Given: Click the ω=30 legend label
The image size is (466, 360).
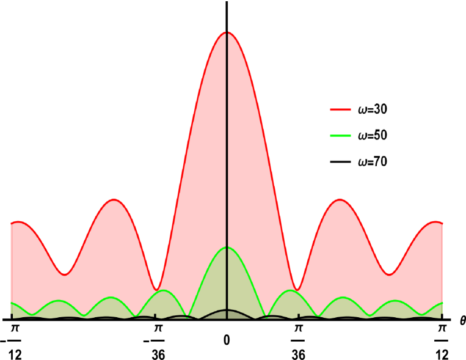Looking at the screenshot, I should click(373, 110).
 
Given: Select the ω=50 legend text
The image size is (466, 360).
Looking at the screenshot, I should click(373, 136).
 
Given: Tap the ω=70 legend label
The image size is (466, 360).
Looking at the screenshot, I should click(373, 162).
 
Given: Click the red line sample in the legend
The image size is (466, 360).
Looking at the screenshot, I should click(340, 110).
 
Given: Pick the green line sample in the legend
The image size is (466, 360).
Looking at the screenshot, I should click(340, 136).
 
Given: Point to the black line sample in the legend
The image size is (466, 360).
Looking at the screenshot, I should click(340, 162).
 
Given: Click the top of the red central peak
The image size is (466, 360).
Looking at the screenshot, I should click(227, 32).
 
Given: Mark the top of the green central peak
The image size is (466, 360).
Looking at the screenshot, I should click(227, 248).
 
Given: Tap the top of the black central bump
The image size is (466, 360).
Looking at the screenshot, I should click(227, 310).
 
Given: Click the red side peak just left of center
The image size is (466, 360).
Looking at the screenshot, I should click(113, 199).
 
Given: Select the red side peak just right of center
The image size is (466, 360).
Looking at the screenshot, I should click(340, 199).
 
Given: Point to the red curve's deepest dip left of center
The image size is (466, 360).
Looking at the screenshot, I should click(156, 290).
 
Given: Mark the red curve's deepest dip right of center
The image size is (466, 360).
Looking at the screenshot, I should click(297, 290).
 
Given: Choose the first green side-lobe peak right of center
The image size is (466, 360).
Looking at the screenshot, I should click(291, 290).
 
